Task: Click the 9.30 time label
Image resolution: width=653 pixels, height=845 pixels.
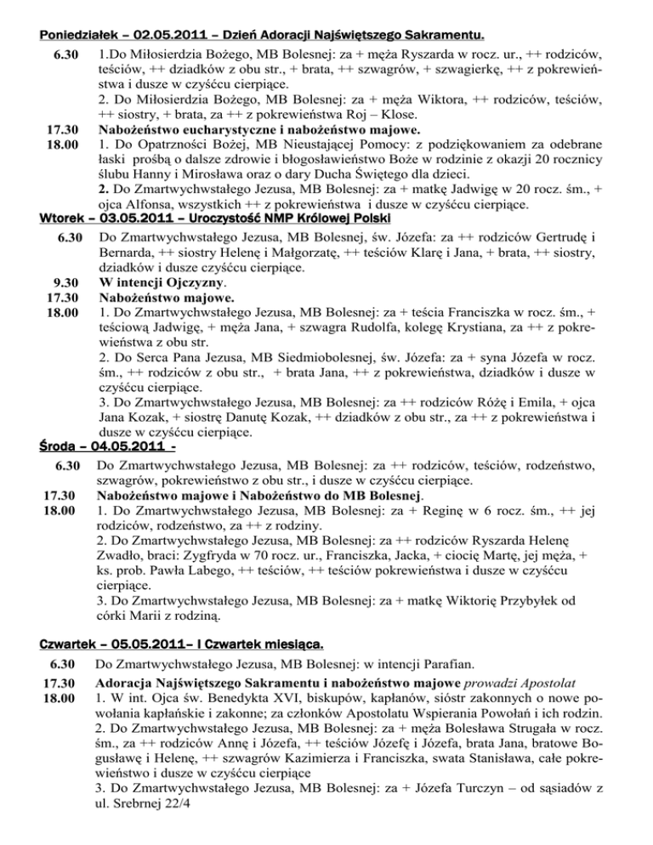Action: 65,283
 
